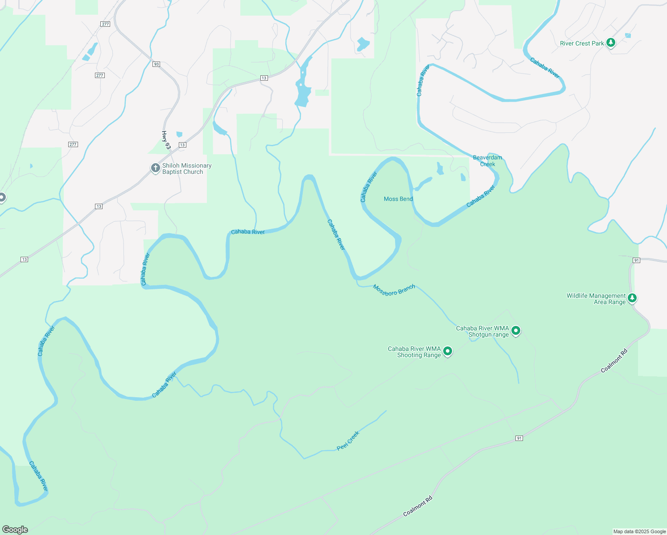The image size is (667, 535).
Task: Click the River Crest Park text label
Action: click(582, 43)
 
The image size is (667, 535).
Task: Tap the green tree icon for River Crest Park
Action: click(611, 43)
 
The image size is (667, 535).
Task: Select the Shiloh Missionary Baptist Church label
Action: click(186, 169)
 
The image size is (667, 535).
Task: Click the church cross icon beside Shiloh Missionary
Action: click(155, 168)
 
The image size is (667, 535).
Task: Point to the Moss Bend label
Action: click(398, 199)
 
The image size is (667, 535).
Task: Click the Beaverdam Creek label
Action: click(487, 160)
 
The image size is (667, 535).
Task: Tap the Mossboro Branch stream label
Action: click(394, 290)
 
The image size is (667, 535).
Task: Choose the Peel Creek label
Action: click(348, 441)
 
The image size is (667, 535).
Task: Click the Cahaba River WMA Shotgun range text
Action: click(482, 331)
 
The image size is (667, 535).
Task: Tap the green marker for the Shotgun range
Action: click(516, 330)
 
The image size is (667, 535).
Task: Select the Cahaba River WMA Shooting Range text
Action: click(414, 352)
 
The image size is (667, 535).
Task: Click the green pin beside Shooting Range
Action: click(448, 351)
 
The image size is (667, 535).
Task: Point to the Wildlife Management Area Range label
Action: click(596, 299)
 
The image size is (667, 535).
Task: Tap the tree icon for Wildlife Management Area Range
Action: click(632, 297)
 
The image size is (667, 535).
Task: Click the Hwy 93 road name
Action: click(166, 140)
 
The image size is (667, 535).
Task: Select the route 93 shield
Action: click(156, 64)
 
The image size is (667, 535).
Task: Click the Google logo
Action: click(15, 530)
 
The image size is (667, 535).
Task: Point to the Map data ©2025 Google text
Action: click(639, 531)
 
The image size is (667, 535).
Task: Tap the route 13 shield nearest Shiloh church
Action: click(182, 145)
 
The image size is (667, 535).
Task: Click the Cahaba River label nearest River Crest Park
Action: click(545, 68)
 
